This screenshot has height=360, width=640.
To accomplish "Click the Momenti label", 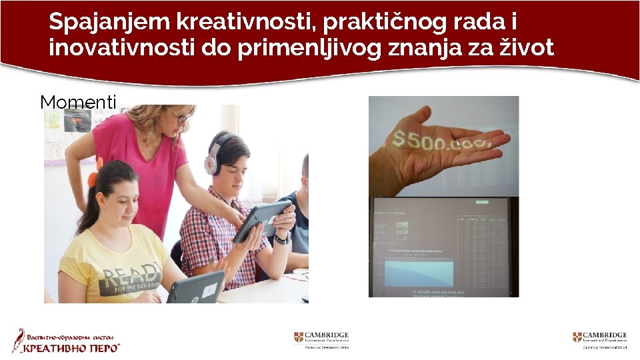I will pyautogui.click(x=78, y=102).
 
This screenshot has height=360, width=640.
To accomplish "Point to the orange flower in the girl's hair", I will pyautogui.click(x=93, y=178).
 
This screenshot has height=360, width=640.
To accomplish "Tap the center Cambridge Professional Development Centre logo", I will pyautogui.click(x=321, y=339).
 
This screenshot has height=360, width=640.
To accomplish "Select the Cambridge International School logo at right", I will pyautogui.click(x=600, y=339).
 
